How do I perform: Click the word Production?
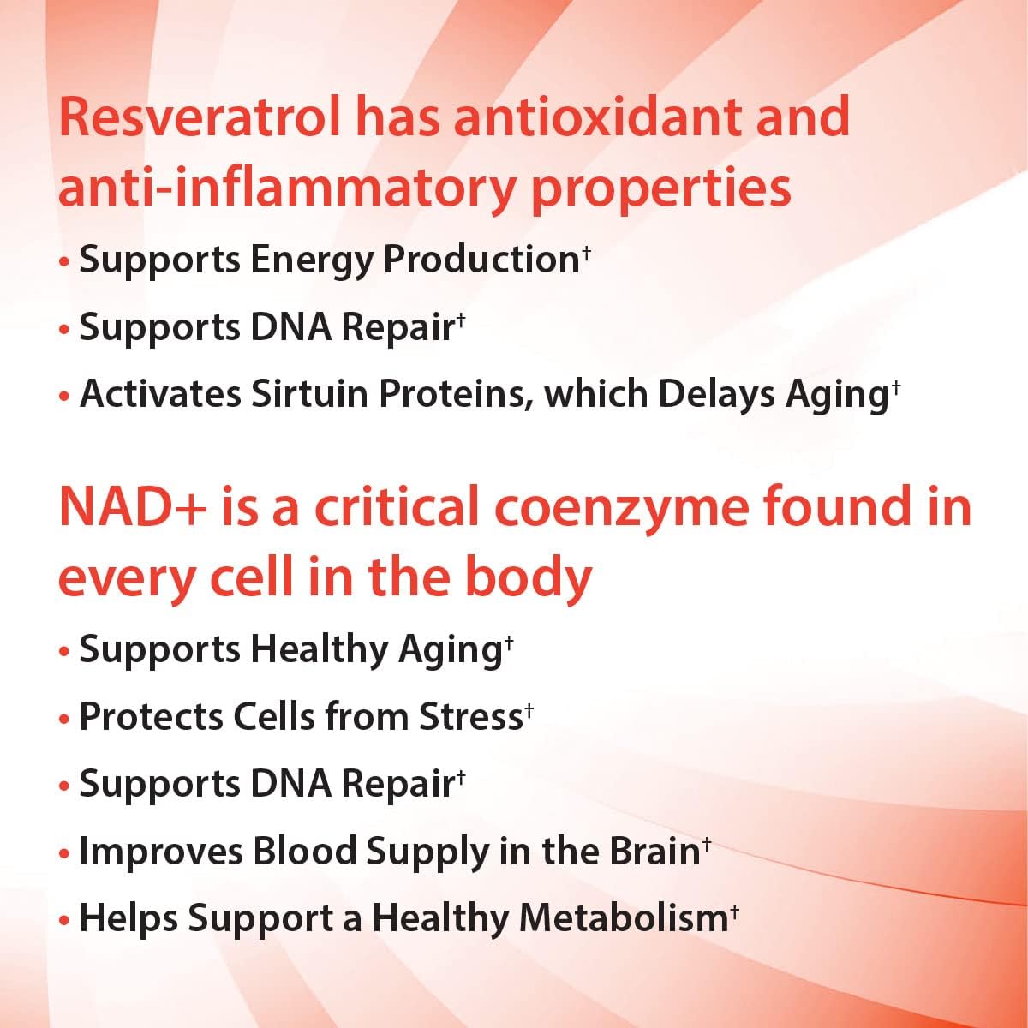tap(481, 260)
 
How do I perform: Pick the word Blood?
tap(304, 851)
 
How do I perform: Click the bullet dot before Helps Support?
tap(64, 920)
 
